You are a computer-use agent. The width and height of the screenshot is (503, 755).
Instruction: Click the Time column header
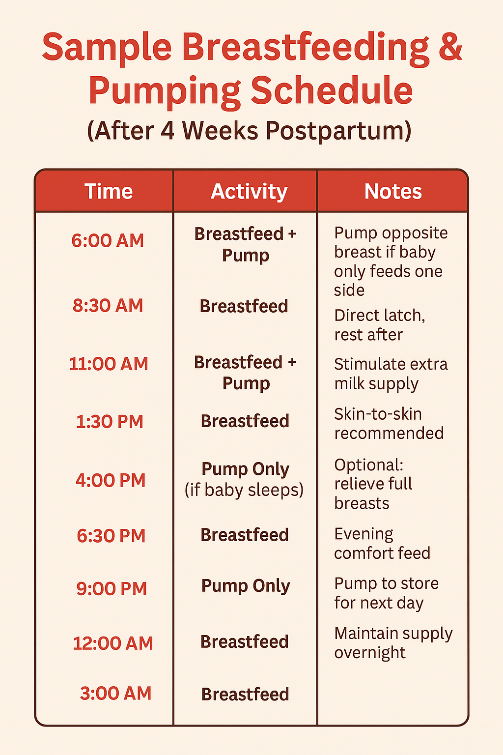(109, 191)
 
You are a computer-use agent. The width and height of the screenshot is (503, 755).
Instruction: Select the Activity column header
(249, 192)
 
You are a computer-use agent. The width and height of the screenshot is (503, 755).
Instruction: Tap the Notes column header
(393, 191)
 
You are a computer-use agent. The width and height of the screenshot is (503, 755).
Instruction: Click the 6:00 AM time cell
(108, 241)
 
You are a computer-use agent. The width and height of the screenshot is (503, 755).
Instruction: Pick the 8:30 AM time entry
(108, 305)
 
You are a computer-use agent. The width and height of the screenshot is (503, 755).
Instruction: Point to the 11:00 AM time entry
(109, 364)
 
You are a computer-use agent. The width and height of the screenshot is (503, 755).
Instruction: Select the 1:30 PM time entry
(110, 422)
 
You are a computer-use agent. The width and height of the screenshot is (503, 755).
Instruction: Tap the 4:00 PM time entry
(111, 480)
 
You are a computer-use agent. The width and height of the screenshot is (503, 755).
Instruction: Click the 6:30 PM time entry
(111, 536)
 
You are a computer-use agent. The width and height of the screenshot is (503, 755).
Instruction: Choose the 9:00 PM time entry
(112, 588)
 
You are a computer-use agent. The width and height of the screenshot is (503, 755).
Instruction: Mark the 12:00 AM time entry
(113, 643)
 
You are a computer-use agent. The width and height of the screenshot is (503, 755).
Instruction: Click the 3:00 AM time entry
(115, 694)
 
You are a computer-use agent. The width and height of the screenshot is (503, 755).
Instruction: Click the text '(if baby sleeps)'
(244, 490)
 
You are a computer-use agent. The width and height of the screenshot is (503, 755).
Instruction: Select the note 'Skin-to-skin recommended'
(389, 423)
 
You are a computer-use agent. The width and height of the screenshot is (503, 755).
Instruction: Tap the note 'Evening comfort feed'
(382, 543)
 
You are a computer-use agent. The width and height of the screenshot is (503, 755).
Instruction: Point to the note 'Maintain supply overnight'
(393, 643)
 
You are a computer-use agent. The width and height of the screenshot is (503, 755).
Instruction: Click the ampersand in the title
(450, 47)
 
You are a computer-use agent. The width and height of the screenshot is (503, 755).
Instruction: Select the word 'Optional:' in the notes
(368, 465)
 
